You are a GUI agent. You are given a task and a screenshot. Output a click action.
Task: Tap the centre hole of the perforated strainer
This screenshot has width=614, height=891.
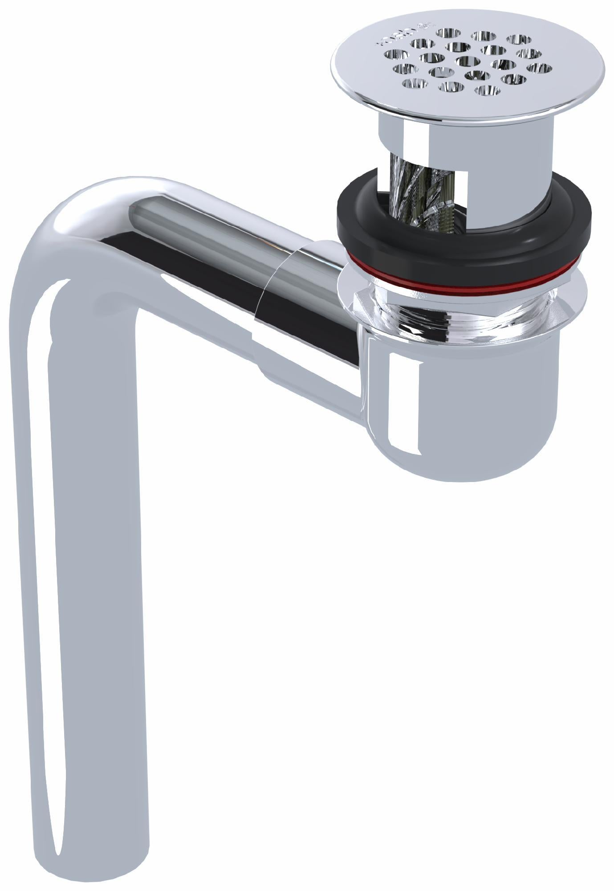467,61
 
